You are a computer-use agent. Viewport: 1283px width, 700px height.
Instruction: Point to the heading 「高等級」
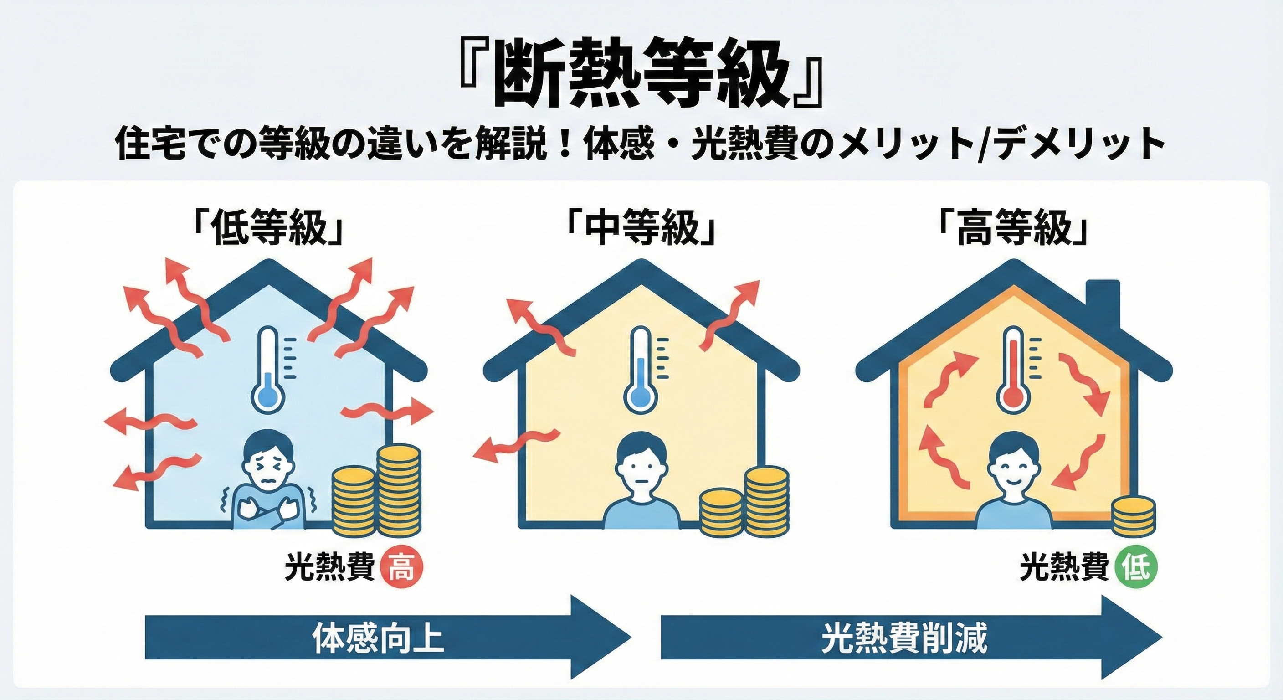[x=1012, y=231]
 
